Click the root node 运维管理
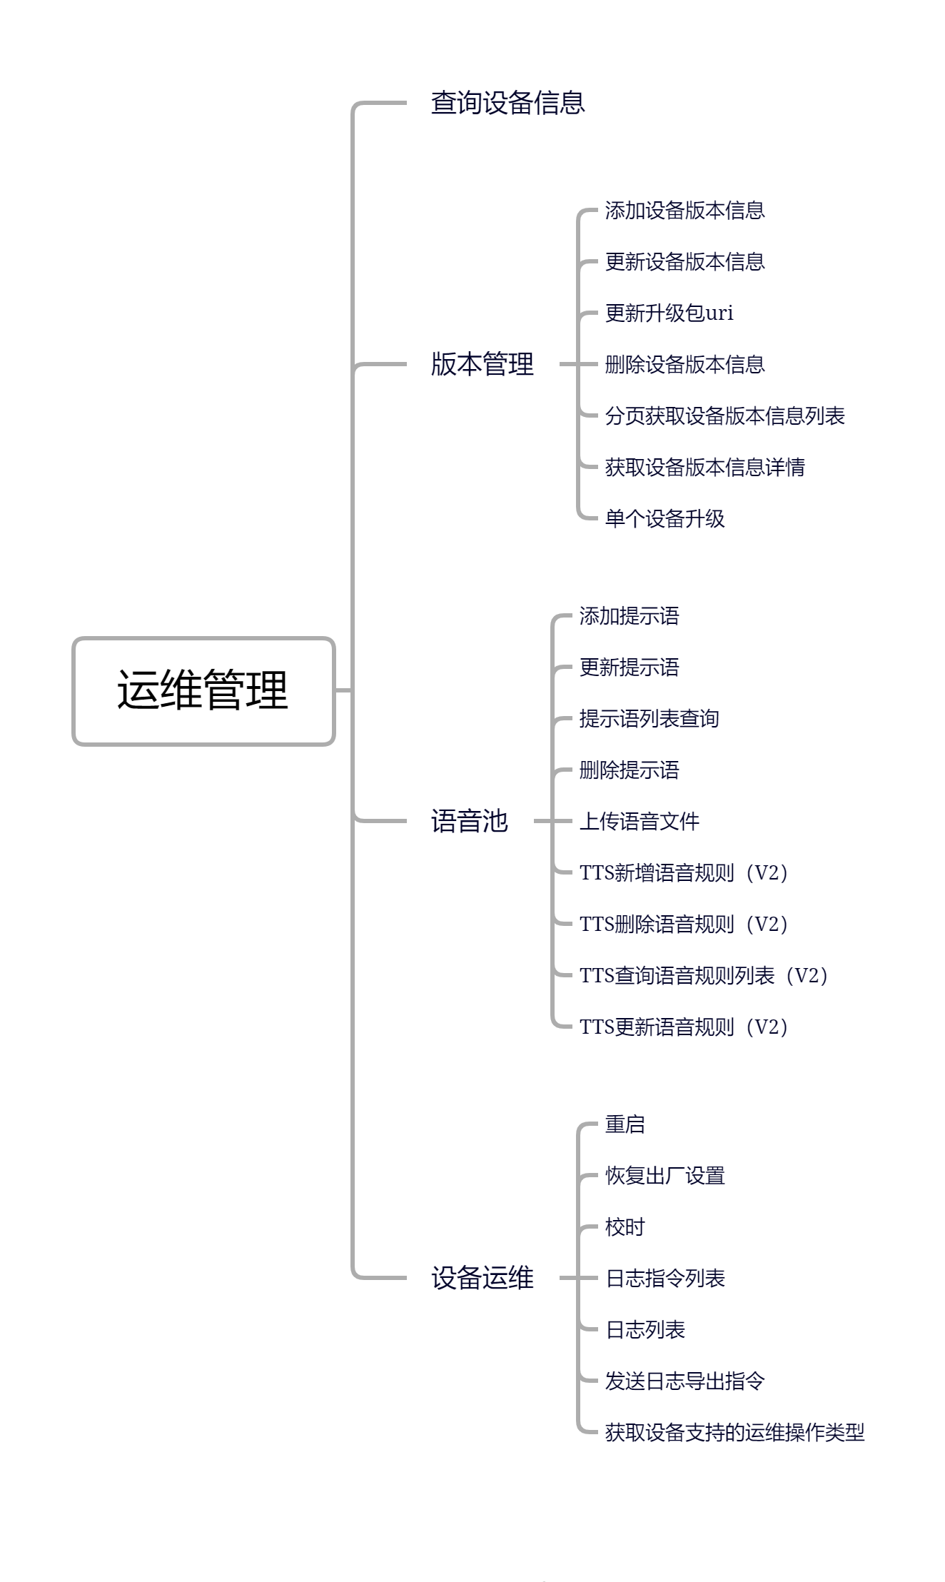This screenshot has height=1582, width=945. (x=203, y=690)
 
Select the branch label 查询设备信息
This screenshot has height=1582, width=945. (x=507, y=103)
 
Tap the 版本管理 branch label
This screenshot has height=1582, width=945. (x=482, y=364)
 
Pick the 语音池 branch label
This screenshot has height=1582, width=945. (x=469, y=821)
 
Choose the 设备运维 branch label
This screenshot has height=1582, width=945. (x=482, y=1278)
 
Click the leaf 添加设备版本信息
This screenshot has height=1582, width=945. (x=684, y=211)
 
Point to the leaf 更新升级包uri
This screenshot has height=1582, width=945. (x=669, y=313)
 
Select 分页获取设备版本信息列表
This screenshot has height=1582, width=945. (x=724, y=415)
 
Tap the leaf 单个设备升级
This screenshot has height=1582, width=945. (x=664, y=518)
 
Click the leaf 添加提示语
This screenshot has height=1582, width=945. (x=629, y=616)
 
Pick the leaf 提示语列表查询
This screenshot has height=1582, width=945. (x=649, y=718)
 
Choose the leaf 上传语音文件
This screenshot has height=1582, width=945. (x=639, y=821)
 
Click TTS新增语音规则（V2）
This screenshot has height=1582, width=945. (x=684, y=872)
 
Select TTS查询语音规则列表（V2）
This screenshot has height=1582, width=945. (x=704, y=975)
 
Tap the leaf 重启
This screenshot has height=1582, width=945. (x=625, y=1124)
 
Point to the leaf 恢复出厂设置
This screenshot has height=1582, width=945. (x=664, y=1176)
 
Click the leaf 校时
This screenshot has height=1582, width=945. (x=625, y=1227)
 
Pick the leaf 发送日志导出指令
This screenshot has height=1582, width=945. (x=684, y=1381)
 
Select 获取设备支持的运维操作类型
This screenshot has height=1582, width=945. (x=734, y=1432)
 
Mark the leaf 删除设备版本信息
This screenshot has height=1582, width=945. (x=684, y=364)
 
